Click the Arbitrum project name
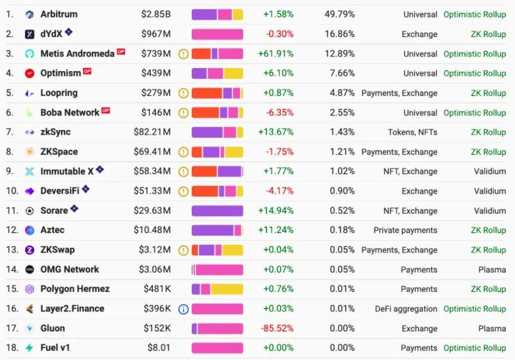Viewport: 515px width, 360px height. click(x=59, y=14)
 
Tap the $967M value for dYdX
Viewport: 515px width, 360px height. click(x=156, y=34)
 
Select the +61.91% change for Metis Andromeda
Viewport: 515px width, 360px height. click(x=275, y=54)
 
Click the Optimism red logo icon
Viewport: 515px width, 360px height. click(x=30, y=73)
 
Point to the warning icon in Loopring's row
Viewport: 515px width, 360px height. click(x=183, y=93)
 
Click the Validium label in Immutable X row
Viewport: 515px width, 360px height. click(x=490, y=171)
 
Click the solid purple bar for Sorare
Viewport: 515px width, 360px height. click(x=217, y=211)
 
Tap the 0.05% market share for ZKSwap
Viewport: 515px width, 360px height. click(x=342, y=250)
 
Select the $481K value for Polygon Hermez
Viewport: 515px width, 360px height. click(x=157, y=289)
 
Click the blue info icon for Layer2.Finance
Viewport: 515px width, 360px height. click(x=183, y=309)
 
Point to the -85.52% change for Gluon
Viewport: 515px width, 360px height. click(x=277, y=328)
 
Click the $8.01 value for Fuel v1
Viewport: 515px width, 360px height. click(x=159, y=348)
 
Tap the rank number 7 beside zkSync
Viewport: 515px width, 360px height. click(x=9, y=132)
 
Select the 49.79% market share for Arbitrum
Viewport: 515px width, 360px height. click(x=339, y=14)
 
